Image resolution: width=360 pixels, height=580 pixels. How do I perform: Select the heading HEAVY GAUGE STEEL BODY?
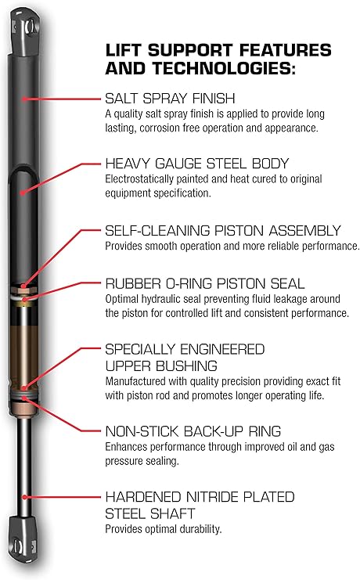[x=197, y=164]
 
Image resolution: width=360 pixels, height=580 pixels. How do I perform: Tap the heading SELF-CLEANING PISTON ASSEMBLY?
[x=223, y=231]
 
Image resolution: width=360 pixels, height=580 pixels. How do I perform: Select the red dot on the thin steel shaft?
[x=28, y=495]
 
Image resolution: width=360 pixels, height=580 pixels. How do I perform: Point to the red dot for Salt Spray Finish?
[x=26, y=99]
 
